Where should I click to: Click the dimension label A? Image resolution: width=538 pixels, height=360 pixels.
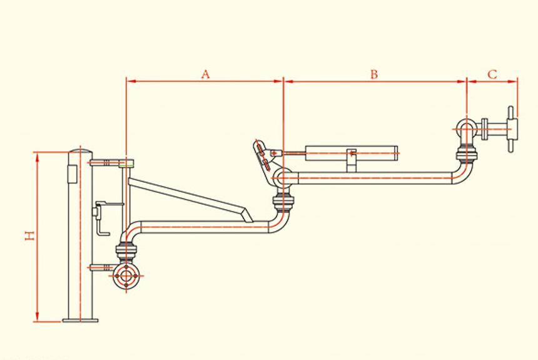tap(205, 74)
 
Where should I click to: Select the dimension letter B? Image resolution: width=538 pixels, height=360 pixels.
tap(373, 74)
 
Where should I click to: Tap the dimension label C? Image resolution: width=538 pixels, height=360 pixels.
tap(492, 74)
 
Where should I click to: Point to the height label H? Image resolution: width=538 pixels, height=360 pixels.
tap(29, 236)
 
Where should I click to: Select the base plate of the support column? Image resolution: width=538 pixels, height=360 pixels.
tap(80, 321)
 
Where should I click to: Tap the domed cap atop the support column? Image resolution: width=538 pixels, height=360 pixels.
tap(80, 152)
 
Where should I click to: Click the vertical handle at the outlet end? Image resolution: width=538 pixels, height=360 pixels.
tap(512, 129)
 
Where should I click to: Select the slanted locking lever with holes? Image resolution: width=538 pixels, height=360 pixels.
tap(263, 156)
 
